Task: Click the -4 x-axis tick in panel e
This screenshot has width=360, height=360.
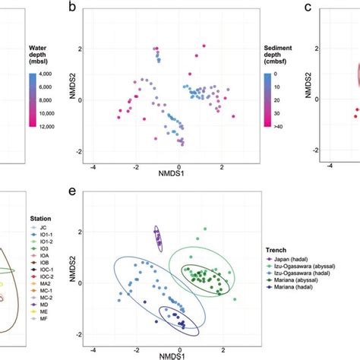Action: click(93, 350)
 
